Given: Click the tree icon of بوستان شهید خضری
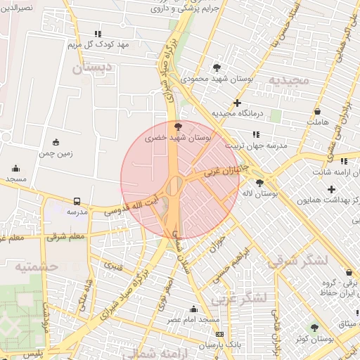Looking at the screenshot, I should (x=177, y=127).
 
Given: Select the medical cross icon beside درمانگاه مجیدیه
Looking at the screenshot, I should (x=238, y=103).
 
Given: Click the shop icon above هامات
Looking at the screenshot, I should (x=318, y=111).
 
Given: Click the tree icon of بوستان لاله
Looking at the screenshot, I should (x=259, y=182).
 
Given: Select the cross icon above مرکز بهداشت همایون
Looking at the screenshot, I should (x=331, y=189).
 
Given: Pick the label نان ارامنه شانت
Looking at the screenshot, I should (x=331, y=172).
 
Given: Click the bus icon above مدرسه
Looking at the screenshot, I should (x=76, y=200).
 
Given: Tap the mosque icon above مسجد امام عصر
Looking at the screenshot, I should (x=194, y=309).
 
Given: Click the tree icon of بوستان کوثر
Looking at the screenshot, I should (x=314, y=327).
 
